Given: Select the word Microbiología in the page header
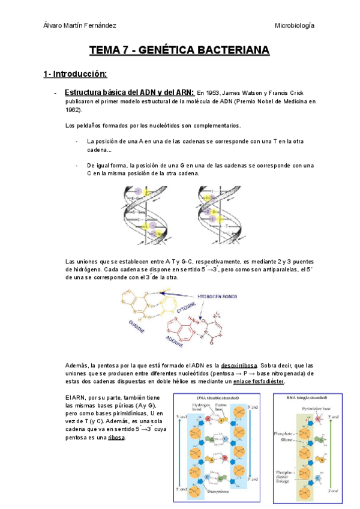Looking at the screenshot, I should point(295,25).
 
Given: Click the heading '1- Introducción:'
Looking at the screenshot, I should point(75,74).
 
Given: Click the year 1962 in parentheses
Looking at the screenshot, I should point(74,110).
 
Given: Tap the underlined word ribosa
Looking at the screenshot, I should point(116,438).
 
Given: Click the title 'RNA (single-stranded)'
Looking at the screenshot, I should point(307,398).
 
